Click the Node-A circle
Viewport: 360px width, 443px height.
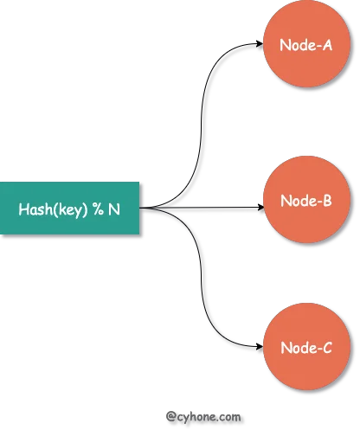306,43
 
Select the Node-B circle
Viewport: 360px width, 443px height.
306,200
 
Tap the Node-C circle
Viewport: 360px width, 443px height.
306,346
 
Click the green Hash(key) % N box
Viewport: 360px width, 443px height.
69,208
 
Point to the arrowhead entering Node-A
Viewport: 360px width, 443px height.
260,43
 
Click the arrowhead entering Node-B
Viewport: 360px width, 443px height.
260,208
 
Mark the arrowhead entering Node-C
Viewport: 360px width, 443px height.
260,346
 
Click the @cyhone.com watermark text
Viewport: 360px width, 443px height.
203,417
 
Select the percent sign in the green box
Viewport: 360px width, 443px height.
98,209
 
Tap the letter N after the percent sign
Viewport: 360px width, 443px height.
114,209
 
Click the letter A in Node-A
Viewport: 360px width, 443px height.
327,45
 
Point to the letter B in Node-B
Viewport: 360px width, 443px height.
327,201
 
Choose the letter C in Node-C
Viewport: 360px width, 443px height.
327,348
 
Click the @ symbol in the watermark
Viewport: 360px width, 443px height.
170,417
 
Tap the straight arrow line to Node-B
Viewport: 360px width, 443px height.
202,208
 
